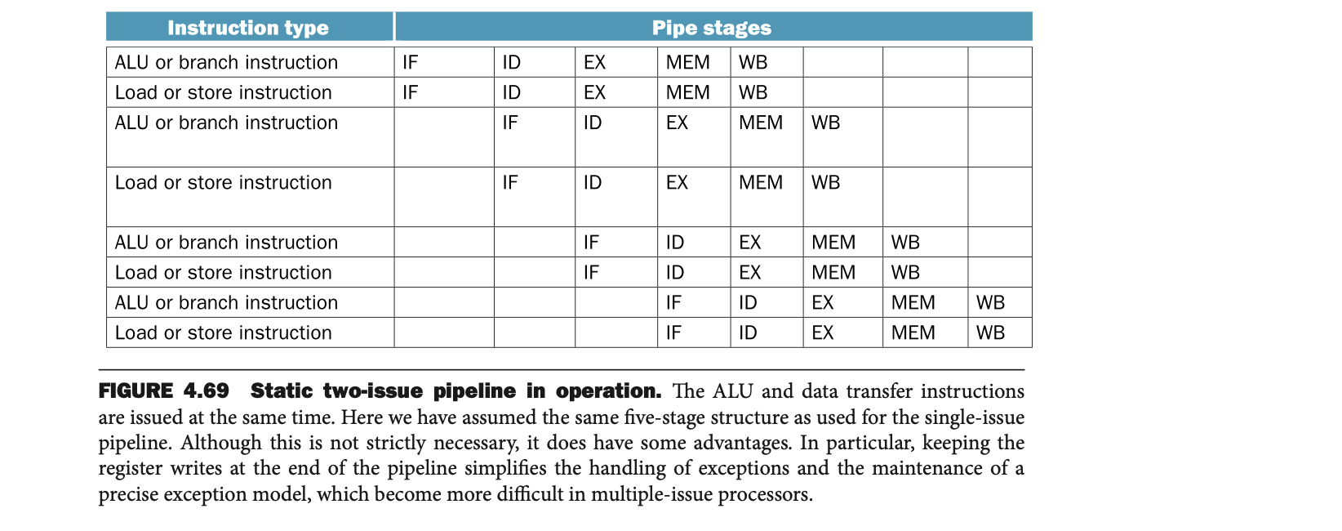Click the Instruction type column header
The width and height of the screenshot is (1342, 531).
click(248, 28)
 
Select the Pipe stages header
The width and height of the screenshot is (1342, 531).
click(711, 28)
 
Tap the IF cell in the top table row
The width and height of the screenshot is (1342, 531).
click(410, 63)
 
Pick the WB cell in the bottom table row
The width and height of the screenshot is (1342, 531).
click(990, 333)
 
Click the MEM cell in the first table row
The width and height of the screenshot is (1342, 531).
click(687, 63)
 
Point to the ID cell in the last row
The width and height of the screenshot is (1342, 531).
click(748, 333)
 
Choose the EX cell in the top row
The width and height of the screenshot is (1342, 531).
click(594, 63)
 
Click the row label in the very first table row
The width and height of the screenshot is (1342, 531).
click(226, 63)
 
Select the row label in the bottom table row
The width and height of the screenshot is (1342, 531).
click(223, 333)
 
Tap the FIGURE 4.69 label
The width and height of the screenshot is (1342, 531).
click(163, 391)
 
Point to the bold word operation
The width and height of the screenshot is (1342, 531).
click(607, 391)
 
